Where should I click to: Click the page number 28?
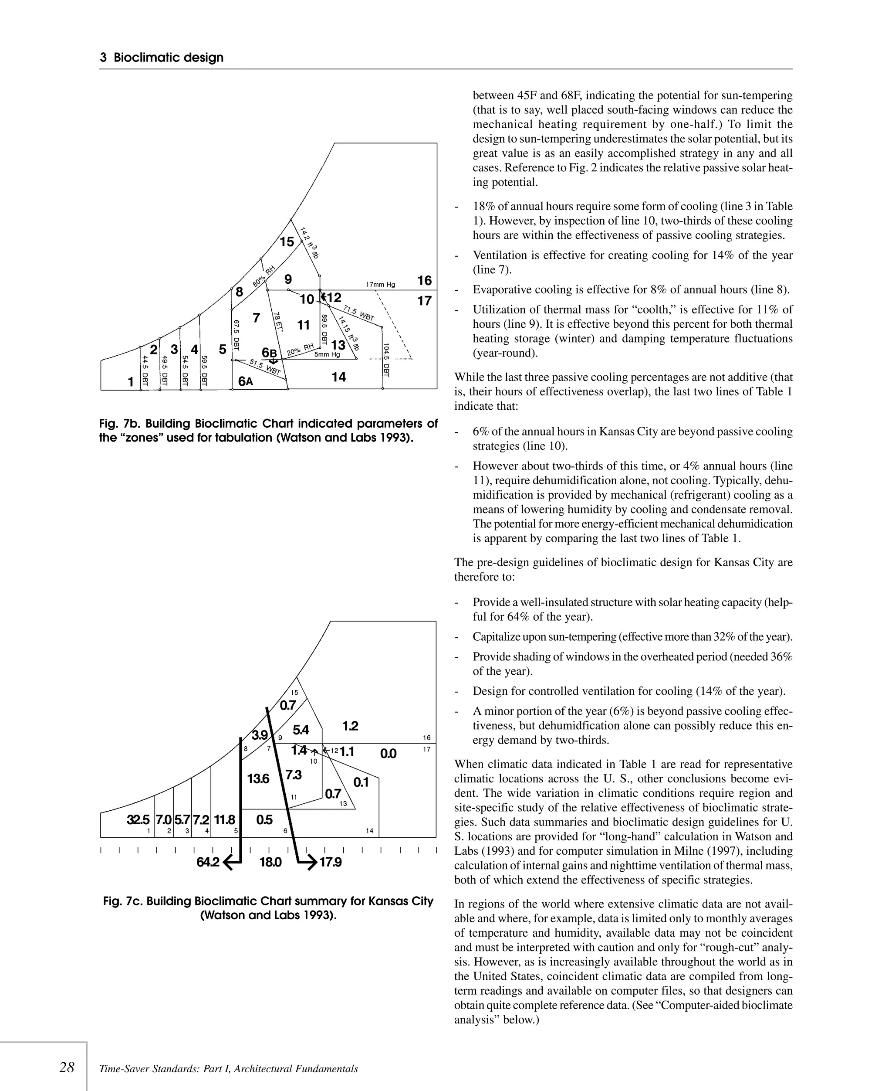pos(67,1067)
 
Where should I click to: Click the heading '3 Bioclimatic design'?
pos(161,58)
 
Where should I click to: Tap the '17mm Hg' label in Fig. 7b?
pos(380,284)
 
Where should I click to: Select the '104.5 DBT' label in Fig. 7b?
pos(386,360)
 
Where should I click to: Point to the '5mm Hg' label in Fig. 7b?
pos(327,354)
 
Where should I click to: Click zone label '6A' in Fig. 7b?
pos(246,381)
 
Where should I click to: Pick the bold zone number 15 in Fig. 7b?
pos(287,241)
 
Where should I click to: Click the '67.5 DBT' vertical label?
pos(237,335)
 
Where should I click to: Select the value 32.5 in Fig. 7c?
pos(138,819)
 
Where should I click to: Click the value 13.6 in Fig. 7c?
pos(258,779)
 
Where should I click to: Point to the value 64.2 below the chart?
pos(208,862)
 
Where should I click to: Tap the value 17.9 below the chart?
pos(331,862)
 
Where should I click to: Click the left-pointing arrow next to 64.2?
pos(233,862)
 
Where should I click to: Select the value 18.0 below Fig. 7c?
pos(270,862)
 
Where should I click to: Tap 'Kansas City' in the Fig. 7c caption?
pos(401,901)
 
